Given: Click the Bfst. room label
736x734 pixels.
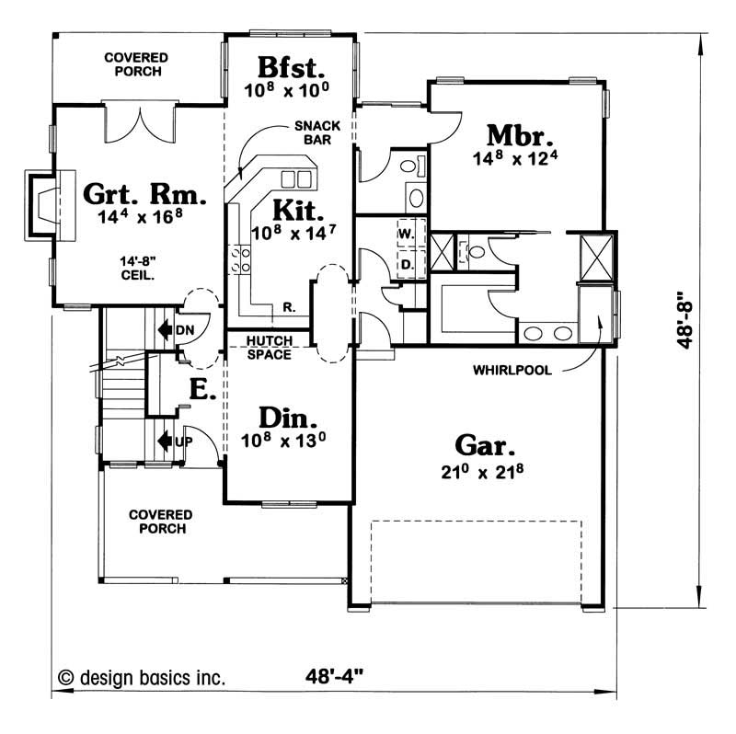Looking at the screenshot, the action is tap(291, 67).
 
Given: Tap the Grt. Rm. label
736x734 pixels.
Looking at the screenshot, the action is tap(144, 194).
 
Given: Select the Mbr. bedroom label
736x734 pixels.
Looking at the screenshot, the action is tap(520, 135).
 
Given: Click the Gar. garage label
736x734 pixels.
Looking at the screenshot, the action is tap(485, 445).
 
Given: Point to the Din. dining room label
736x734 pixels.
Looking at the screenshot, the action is tap(288, 418).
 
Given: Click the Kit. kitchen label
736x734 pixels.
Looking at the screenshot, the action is tap(298, 210).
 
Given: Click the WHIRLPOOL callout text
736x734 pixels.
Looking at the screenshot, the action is tap(512, 371).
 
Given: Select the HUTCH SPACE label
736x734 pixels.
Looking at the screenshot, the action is tap(270, 348).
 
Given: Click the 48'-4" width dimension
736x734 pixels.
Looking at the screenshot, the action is tap(334, 676).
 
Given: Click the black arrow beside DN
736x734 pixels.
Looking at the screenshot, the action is tap(166, 330).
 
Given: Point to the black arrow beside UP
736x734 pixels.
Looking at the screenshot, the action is tap(166, 442).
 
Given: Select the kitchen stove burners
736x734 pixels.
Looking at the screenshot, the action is tap(239, 260).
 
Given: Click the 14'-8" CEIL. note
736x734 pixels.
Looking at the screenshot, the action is tap(137, 268).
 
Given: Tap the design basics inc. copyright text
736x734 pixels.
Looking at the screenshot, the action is tap(142, 678).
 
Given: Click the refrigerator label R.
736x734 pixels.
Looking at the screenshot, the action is tap(289, 307).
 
